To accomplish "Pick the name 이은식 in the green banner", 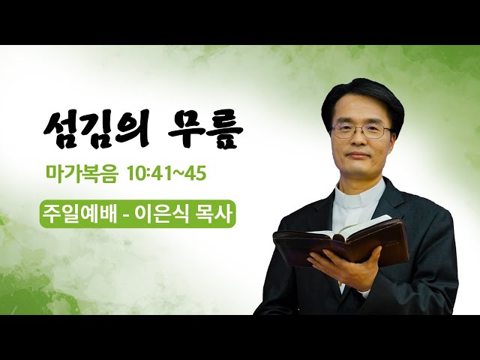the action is (163, 213).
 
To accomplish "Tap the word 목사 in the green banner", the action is (215, 213).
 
